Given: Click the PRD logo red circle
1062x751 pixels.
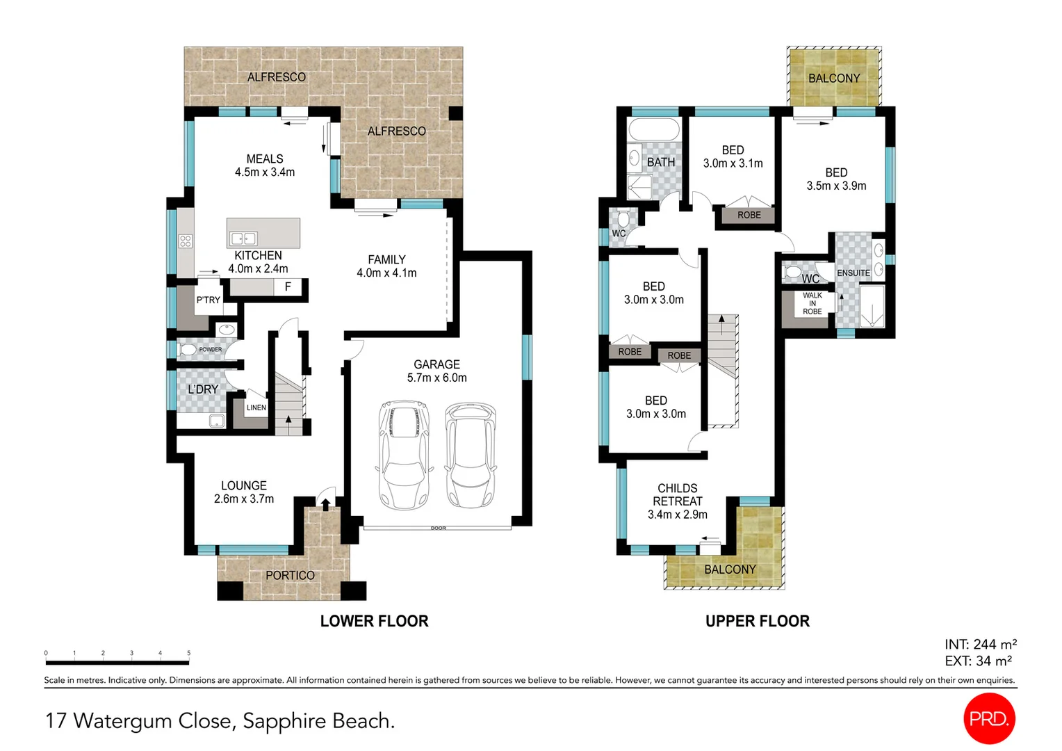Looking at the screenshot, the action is tap(989, 718).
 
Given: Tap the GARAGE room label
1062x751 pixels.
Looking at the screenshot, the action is tap(436, 364).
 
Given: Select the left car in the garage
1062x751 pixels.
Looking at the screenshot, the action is tap(404, 455).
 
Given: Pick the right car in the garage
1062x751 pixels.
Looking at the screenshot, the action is tap(471, 455).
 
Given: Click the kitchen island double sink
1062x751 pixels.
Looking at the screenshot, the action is tap(243, 238).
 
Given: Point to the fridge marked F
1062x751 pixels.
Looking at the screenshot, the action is tap(288, 286).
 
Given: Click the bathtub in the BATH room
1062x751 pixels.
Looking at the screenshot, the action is tap(654, 129).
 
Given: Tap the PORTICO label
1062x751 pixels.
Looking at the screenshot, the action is tap(290, 576).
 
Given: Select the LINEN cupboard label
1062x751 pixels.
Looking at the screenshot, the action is tap(256, 407).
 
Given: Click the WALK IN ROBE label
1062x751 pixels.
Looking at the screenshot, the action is tap(812, 303).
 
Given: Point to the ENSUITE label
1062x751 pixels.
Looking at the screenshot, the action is tap(853, 273).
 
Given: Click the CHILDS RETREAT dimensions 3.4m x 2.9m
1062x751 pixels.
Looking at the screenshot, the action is tap(678, 515).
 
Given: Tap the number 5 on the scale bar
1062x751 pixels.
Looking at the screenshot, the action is tap(188, 653).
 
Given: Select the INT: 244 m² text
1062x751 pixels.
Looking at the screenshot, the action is tap(981, 644).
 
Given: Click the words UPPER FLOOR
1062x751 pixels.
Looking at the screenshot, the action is tap(757, 621).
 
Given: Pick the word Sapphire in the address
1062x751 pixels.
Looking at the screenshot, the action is tap(284, 722).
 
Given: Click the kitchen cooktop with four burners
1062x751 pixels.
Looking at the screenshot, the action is tap(186, 241).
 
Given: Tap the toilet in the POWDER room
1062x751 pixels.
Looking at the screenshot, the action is tap(187, 350).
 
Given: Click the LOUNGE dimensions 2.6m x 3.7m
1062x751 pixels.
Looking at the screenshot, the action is tap(244, 499).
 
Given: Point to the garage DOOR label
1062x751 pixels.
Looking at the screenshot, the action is tap(438, 528).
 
